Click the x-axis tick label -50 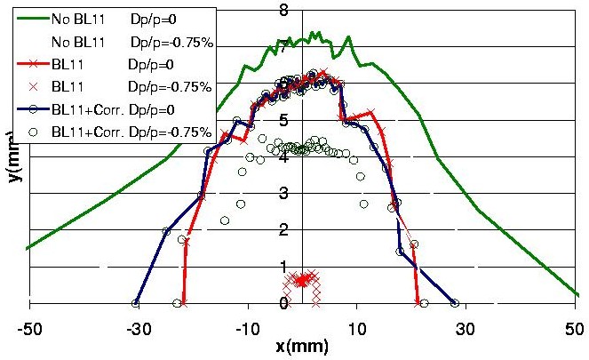tap(29, 326)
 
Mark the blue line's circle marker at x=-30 tap(136, 303)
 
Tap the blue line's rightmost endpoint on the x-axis tap(456, 303)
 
